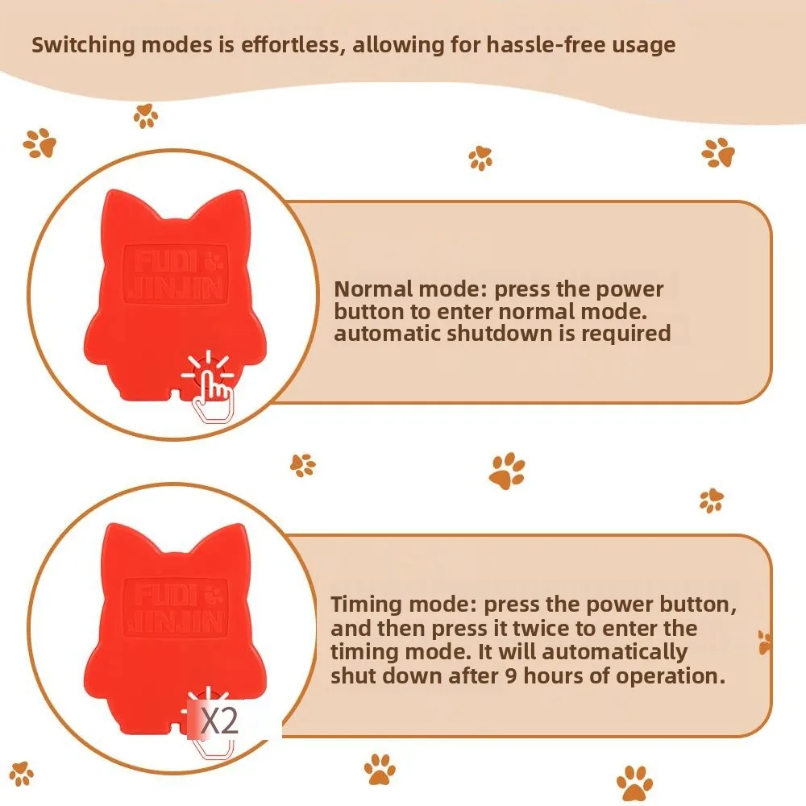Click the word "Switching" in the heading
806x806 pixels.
point(83,45)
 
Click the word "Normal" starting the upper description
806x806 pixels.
point(374,289)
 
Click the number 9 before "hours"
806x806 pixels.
point(511,676)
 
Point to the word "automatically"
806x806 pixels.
point(615,653)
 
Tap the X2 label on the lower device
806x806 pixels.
point(219,721)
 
